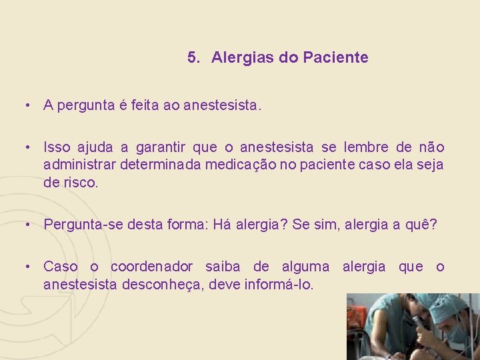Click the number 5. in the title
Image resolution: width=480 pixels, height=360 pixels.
[194, 58]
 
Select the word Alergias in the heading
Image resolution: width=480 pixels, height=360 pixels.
[243, 58]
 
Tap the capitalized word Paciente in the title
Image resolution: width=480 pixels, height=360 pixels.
[335, 58]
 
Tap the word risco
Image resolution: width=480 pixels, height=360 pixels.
[79, 182]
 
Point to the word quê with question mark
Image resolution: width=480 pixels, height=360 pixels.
[423, 225]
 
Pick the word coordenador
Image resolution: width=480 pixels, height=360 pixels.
[151, 267]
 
